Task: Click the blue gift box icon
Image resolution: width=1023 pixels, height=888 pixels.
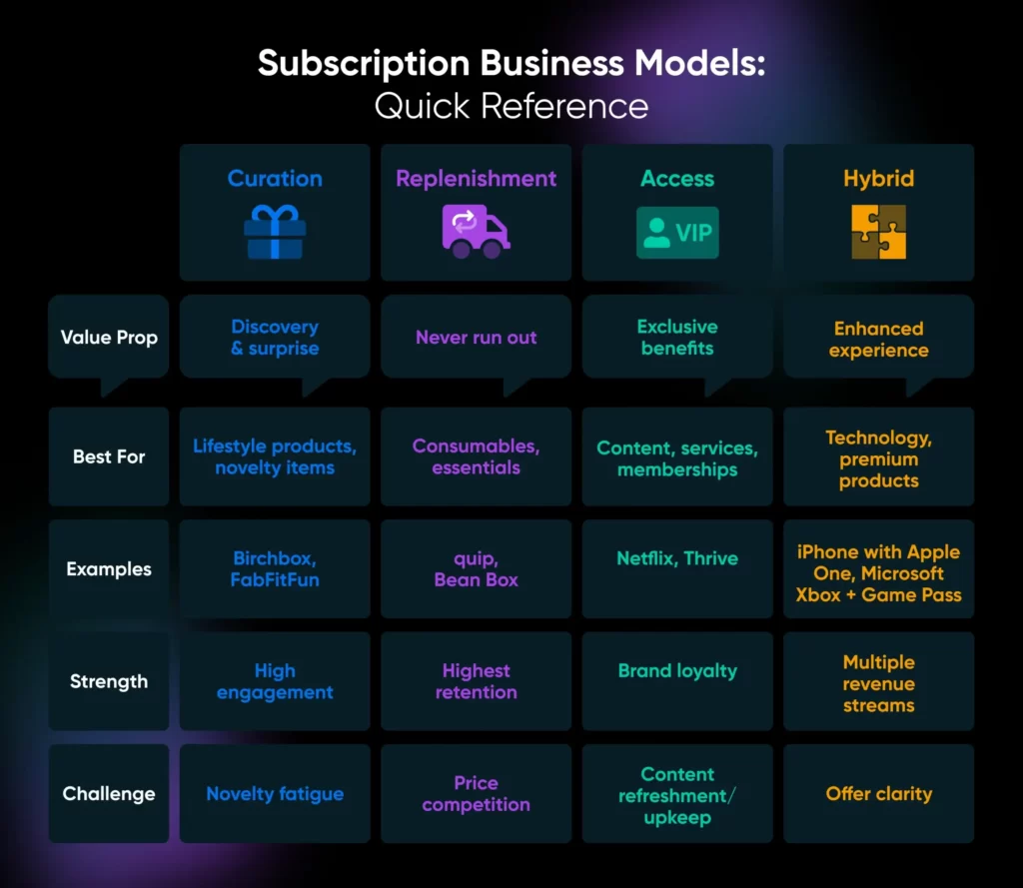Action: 275,233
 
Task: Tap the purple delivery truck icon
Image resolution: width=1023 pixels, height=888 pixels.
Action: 476,232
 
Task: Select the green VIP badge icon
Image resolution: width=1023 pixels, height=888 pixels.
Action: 677,233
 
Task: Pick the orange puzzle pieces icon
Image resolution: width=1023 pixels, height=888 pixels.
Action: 878,233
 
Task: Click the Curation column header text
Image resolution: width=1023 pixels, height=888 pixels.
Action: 275,179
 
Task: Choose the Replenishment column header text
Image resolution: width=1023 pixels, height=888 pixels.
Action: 476,179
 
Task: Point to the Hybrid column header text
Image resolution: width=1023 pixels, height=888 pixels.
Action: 878,179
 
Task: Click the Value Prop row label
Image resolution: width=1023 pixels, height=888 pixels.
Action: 109,338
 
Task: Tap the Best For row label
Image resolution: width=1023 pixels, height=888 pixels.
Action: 109,456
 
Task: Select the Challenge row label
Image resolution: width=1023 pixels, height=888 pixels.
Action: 109,794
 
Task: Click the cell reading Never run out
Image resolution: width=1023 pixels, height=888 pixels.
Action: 476,338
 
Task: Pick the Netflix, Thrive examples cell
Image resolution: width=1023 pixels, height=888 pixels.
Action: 677,558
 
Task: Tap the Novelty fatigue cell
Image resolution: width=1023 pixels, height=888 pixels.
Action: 275,794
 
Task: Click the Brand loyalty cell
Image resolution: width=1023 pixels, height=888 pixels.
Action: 677,671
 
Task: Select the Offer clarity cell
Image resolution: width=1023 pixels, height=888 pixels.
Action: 878,794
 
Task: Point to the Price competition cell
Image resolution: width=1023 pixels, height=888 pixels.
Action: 476,794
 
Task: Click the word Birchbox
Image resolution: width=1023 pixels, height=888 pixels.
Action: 275,558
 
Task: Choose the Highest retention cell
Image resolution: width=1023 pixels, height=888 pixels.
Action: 476,681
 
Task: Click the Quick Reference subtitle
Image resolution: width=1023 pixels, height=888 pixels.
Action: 511,106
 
